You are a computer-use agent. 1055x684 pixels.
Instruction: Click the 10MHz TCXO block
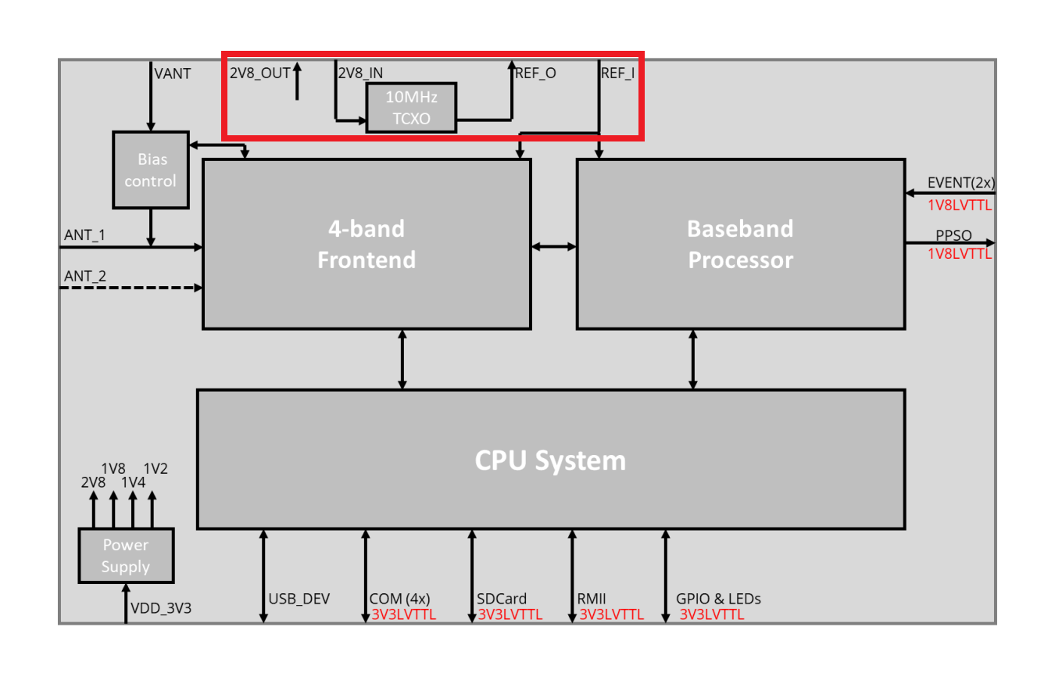click(x=411, y=108)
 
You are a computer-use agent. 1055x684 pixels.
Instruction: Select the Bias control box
click(x=151, y=170)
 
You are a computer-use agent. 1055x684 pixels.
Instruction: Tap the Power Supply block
click(x=125, y=555)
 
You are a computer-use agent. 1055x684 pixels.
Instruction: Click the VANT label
click(x=173, y=74)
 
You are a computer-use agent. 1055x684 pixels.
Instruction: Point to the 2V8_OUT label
click(x=259, y=73)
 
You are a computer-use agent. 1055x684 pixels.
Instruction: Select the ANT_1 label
click(x=84, y=235)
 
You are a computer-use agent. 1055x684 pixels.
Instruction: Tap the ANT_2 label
click(x=84, y=275)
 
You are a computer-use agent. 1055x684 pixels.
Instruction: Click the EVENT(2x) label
click(x=960, y=184)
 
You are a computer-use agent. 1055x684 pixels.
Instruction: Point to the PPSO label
click(x=953, y=235)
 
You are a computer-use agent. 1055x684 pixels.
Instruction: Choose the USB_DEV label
click(x=299, y=600)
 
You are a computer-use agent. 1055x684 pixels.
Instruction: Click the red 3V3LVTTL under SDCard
click(x=510, y=614)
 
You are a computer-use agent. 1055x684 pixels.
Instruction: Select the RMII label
click(x=592, y=600)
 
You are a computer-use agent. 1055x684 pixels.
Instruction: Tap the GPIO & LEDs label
click(x=718, y=600)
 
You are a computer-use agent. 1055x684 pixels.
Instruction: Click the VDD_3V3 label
click(x=160, y=607)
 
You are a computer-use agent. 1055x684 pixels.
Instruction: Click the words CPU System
click(x=550, y=460)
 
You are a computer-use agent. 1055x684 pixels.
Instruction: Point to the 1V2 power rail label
click(x=156, y=469)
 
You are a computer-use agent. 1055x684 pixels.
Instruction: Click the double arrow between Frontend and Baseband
click(x=554, y=246)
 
